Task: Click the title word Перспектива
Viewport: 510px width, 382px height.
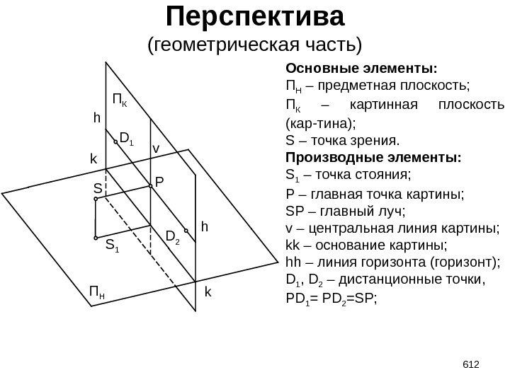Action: click(x=254, y=16)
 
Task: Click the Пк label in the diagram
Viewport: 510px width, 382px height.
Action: click(x=120, y=98)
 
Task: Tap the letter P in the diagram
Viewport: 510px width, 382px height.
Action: click(x=159, y=182)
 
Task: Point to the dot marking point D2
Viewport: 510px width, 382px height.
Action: click(x=186, y=230)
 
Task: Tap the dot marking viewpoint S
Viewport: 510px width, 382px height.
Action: click(x=95, y=199)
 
